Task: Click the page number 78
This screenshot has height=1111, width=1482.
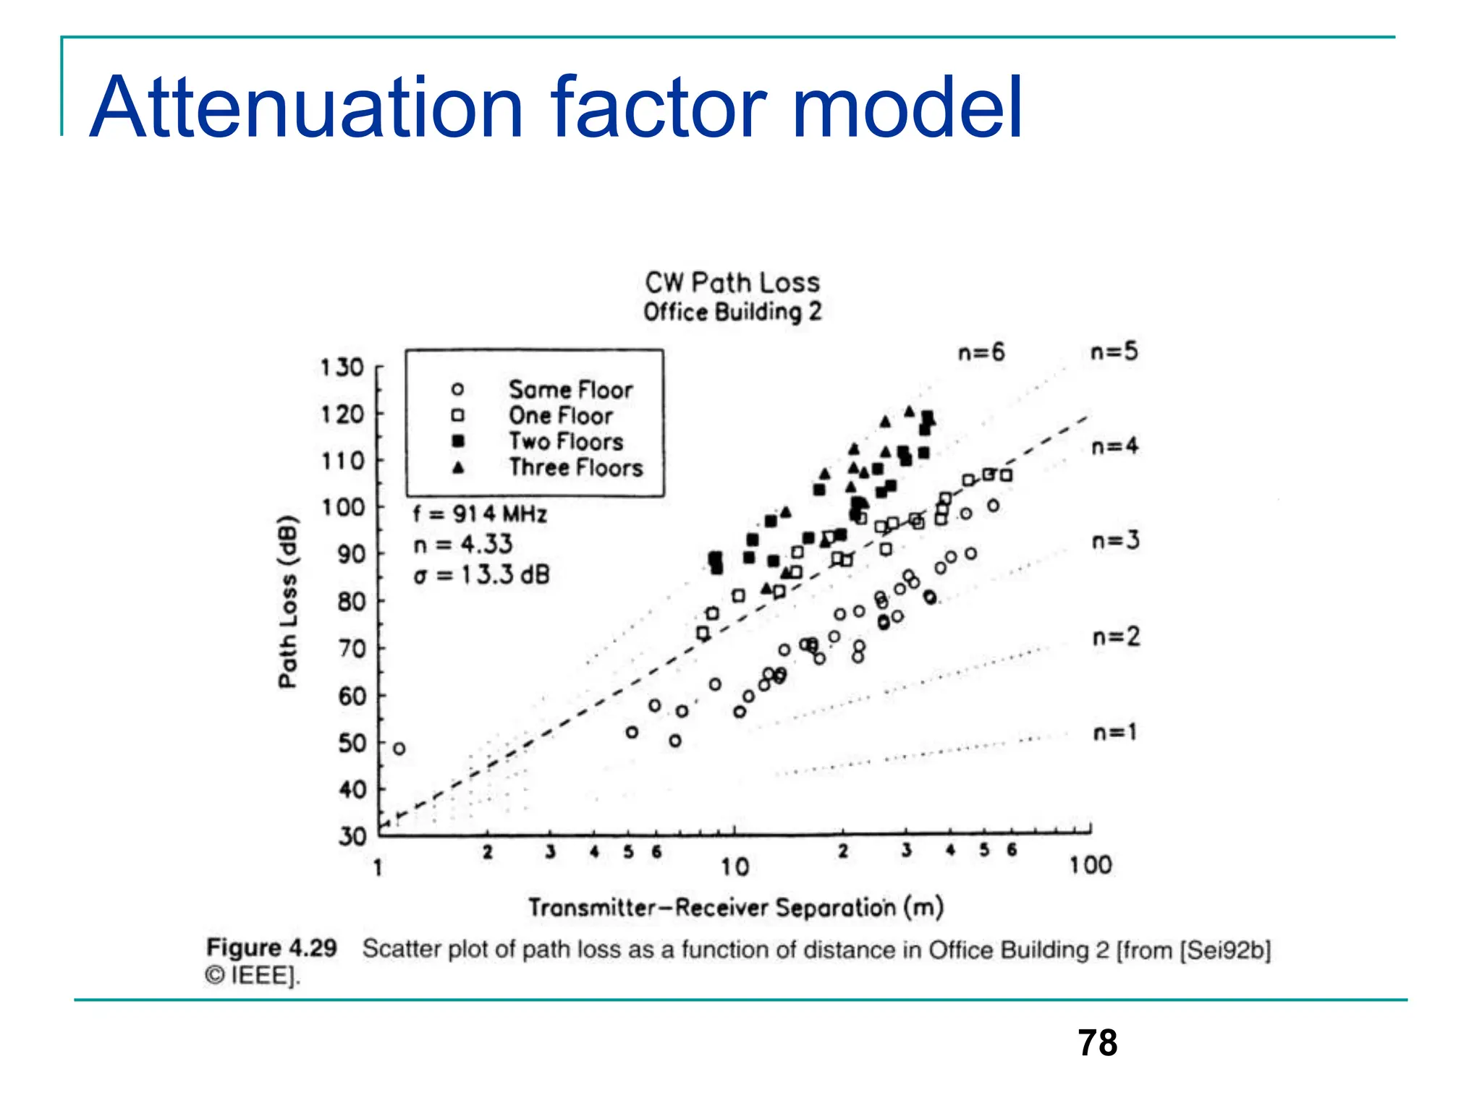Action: (1097, 1043)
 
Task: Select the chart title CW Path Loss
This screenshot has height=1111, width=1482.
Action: (732, 282)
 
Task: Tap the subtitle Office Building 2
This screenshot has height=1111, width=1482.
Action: (732, 312)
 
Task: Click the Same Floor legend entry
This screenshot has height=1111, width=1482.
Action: (570, 390)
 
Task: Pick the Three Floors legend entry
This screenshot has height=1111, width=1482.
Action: (575, 468)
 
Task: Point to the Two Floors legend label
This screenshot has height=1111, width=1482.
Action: (566, 441)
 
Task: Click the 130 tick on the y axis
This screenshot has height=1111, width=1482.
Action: (342, 367)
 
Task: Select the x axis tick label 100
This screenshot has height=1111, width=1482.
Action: (1091, 865)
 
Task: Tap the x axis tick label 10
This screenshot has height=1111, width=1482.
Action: (734, 867)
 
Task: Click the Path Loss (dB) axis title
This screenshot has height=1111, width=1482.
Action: (288, 602)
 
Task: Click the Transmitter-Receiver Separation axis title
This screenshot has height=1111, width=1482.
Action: (735, 907)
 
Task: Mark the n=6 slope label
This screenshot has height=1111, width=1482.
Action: (981, 352)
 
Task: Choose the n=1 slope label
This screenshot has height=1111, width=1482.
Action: (1114, 733)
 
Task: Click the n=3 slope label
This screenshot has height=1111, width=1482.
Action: (1115, 540)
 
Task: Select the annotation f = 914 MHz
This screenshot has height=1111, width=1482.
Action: (480, 514)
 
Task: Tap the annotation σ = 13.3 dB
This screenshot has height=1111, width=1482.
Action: (481, 575)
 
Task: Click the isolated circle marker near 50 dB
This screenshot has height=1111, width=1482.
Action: (399, 749)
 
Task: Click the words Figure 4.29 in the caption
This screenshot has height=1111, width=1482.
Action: (271, 948)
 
